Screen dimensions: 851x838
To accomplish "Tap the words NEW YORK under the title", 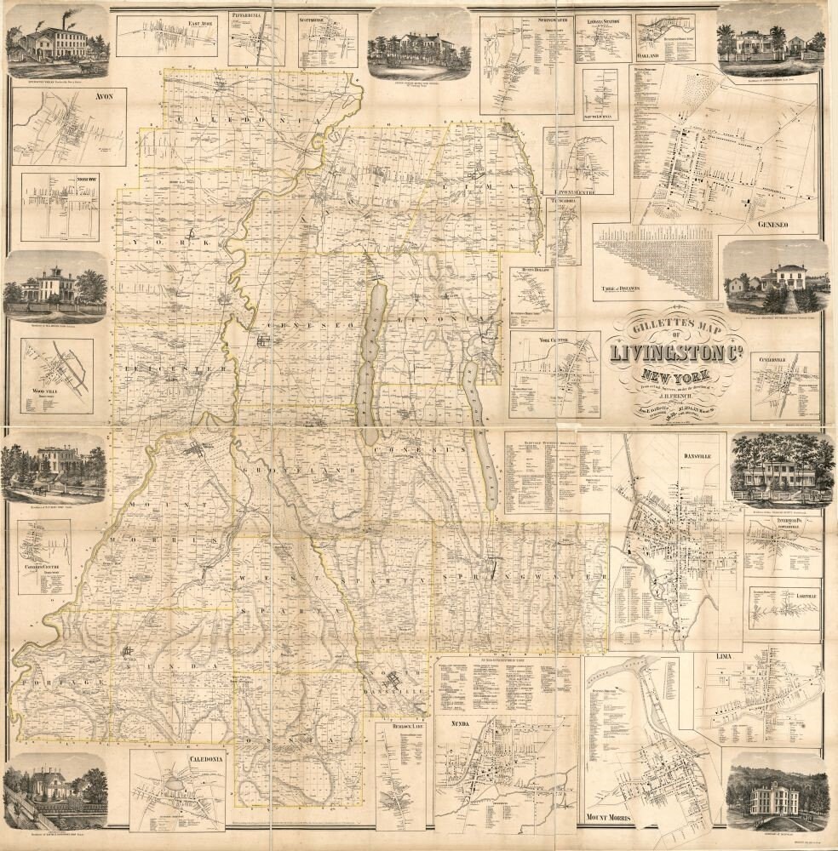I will (x=673, y=375).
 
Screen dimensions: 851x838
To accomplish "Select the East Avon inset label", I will (x=178, y=23).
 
